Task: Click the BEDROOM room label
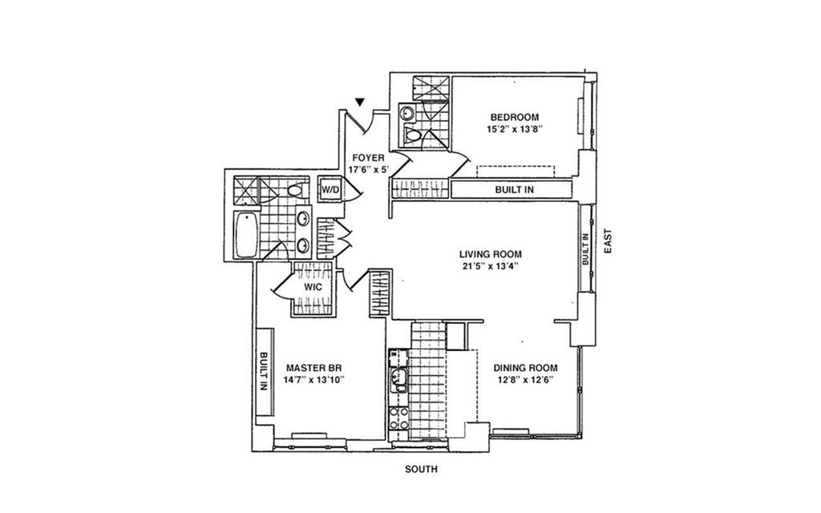tap(514, 117)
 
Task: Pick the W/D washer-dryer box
tap(330, 190)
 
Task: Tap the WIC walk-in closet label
tap(312, 287)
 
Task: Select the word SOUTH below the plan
tap(422, 470)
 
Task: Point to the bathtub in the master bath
tap(245, 235)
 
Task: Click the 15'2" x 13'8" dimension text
tap(514, 129)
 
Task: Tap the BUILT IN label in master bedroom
tap(264, 371)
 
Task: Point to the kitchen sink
tap(398, 380)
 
